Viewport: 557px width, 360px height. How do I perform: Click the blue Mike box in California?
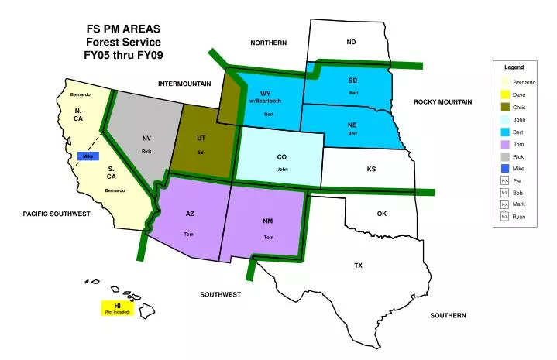pos(88,156)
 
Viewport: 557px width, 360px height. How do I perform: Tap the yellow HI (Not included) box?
pos(117,308)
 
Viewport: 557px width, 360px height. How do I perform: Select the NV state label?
pos(146,139)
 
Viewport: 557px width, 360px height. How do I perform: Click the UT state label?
pos(201,139)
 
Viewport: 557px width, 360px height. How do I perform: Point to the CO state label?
pos(282,157)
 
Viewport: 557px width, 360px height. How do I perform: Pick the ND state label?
pos(351,42)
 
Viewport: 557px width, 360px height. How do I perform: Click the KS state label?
pos(371,169)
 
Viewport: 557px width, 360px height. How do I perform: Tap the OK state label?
pos(381,214)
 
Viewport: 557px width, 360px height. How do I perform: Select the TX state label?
pos(359,266)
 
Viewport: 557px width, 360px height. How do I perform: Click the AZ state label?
pos(190,214)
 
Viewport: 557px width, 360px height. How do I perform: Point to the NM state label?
pos(268,221)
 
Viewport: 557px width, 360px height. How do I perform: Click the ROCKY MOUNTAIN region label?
pos(442,102)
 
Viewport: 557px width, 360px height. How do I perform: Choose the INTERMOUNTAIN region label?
pos(184,83)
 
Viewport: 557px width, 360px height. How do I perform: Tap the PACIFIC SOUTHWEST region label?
pos(57,214)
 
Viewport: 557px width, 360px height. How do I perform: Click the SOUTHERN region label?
pos(449,316)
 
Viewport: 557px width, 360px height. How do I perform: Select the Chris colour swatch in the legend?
pos(504,107)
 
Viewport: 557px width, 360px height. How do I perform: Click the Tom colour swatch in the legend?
pos(504,144)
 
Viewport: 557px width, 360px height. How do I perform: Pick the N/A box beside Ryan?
pos(504,217)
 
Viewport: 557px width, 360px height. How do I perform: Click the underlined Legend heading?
pos(514,67)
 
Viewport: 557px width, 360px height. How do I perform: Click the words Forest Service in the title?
pos(123,42)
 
